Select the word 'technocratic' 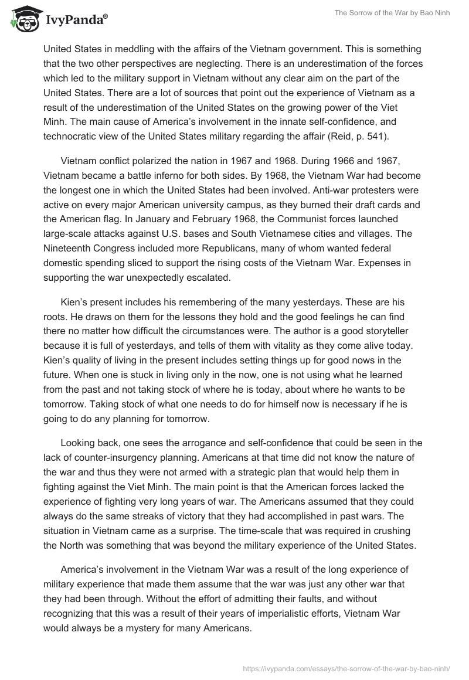click(x=71, y=135)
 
